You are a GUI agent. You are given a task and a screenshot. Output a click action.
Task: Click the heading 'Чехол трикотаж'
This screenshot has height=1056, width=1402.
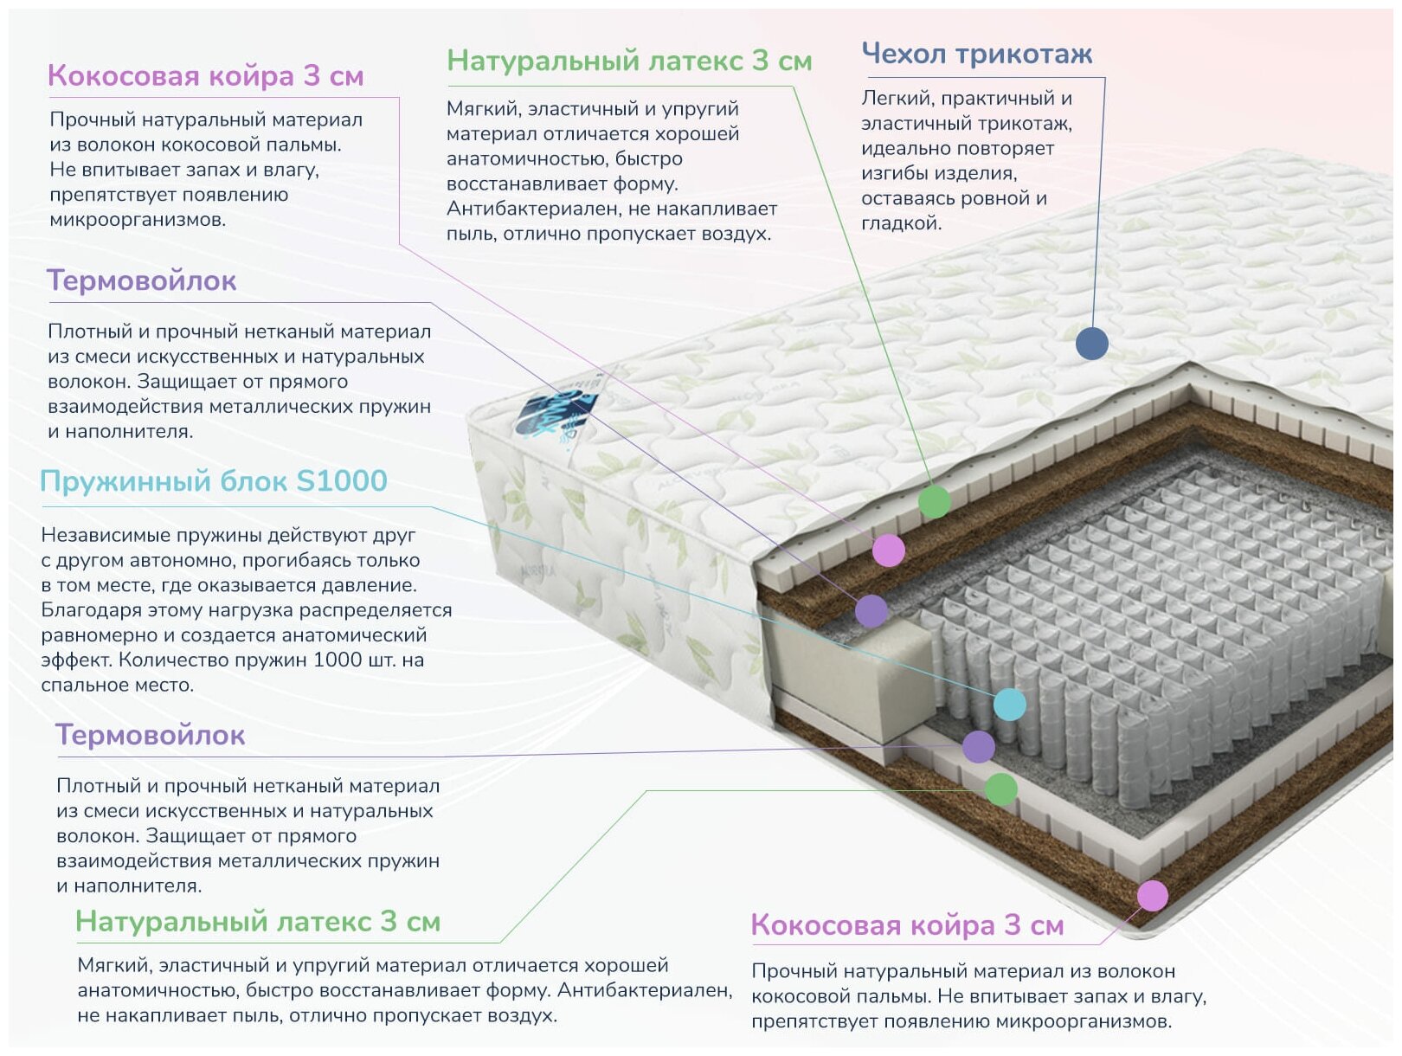976,54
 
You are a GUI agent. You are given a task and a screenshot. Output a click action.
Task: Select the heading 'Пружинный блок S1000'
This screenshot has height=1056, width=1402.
214,481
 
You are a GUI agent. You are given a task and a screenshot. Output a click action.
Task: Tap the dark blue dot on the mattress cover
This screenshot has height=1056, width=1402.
1091,344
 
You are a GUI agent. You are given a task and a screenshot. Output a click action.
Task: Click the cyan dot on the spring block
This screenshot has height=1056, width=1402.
1009,705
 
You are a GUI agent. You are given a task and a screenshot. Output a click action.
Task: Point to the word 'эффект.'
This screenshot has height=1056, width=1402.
76,660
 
